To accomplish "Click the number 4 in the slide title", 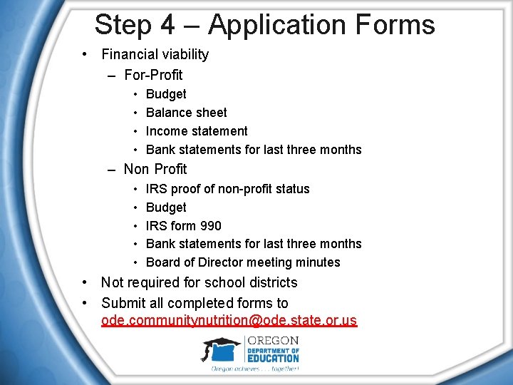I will coord(167,26).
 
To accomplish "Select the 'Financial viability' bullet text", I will coord(155,54).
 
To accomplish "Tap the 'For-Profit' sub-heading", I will coord(153,75).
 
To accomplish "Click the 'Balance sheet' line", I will coord(186,113).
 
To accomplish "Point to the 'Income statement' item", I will coord(197,131).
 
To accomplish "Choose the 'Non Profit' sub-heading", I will coord(155,169).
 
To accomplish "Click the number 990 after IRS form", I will coord(211,226).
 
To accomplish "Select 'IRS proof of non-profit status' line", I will coord(227,189).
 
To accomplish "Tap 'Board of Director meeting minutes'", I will coord(243,262).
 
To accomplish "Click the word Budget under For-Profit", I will coord(166,94).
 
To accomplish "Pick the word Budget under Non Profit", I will coord(166,207).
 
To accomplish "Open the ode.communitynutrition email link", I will coord(229,321).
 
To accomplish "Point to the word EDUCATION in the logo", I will coord(273,359).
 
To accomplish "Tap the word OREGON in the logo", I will coord(272,340).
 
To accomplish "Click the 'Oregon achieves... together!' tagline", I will coord(254,369).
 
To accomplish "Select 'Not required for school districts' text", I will coord(199,282).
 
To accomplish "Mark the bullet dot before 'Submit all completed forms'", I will coord(85,303).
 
